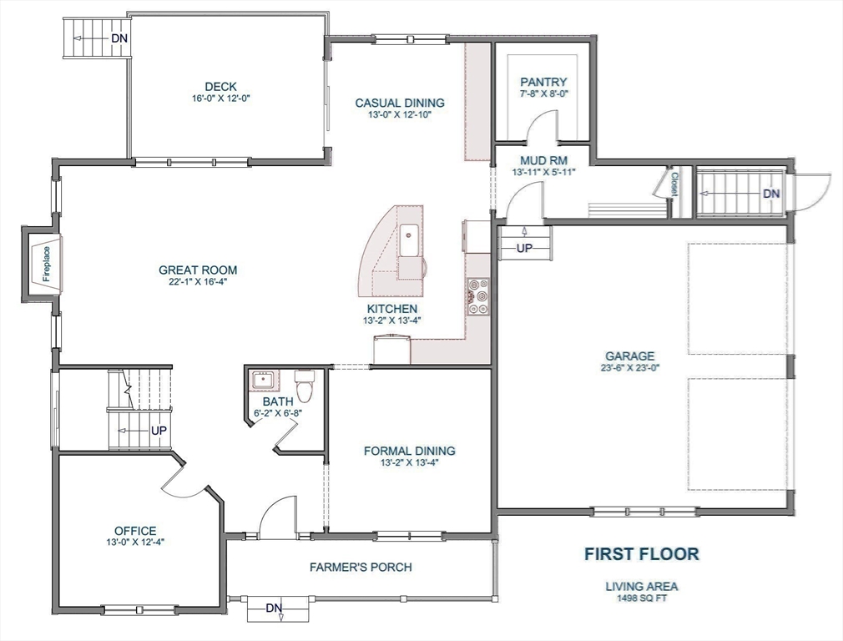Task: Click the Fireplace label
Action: pos(47,265)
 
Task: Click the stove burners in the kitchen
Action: pos(478,296)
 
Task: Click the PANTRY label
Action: pos(543,82)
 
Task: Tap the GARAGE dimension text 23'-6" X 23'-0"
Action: pos(631,367)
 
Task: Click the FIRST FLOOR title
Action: pos(641,553)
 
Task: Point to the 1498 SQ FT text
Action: pos(641,598)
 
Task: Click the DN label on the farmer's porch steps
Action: pos(274,608)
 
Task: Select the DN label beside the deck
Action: pos(119,38)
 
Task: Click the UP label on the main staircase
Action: pos(158,430)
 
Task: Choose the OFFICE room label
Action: pos(135,531)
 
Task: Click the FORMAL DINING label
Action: pos(409,451)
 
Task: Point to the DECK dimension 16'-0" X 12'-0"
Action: pos(220,98)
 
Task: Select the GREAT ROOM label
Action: pos(198,270)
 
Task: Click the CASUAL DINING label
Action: pos(400,103)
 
